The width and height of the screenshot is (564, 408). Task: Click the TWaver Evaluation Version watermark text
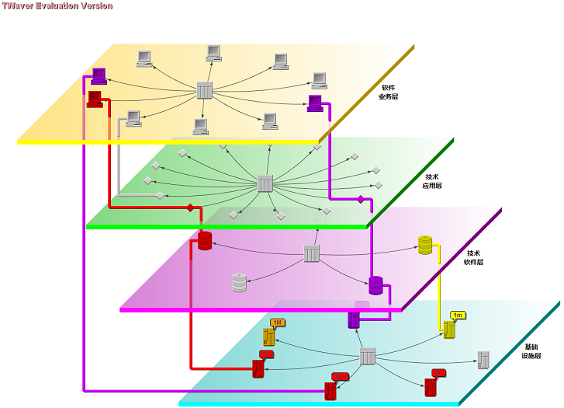57,5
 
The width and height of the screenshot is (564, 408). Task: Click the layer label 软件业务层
388,92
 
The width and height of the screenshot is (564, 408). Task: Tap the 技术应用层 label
432,181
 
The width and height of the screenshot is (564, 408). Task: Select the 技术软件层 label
474,257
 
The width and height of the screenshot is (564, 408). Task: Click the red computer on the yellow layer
95,99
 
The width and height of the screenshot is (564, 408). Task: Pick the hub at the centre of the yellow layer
205,90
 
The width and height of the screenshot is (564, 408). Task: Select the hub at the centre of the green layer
265,184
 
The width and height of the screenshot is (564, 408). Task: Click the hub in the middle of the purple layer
311,253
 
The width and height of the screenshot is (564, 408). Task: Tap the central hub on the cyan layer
368,357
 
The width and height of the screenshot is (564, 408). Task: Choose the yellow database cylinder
425,246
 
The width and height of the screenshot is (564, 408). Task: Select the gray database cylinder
239,282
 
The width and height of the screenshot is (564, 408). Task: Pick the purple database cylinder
376,285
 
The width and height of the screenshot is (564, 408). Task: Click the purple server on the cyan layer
354,319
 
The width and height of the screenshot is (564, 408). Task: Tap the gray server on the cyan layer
483,359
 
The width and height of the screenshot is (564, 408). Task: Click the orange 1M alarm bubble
278,323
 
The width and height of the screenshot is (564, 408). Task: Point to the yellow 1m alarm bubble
458,314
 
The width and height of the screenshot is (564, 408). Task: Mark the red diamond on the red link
190,207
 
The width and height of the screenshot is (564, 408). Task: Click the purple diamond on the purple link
360,200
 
